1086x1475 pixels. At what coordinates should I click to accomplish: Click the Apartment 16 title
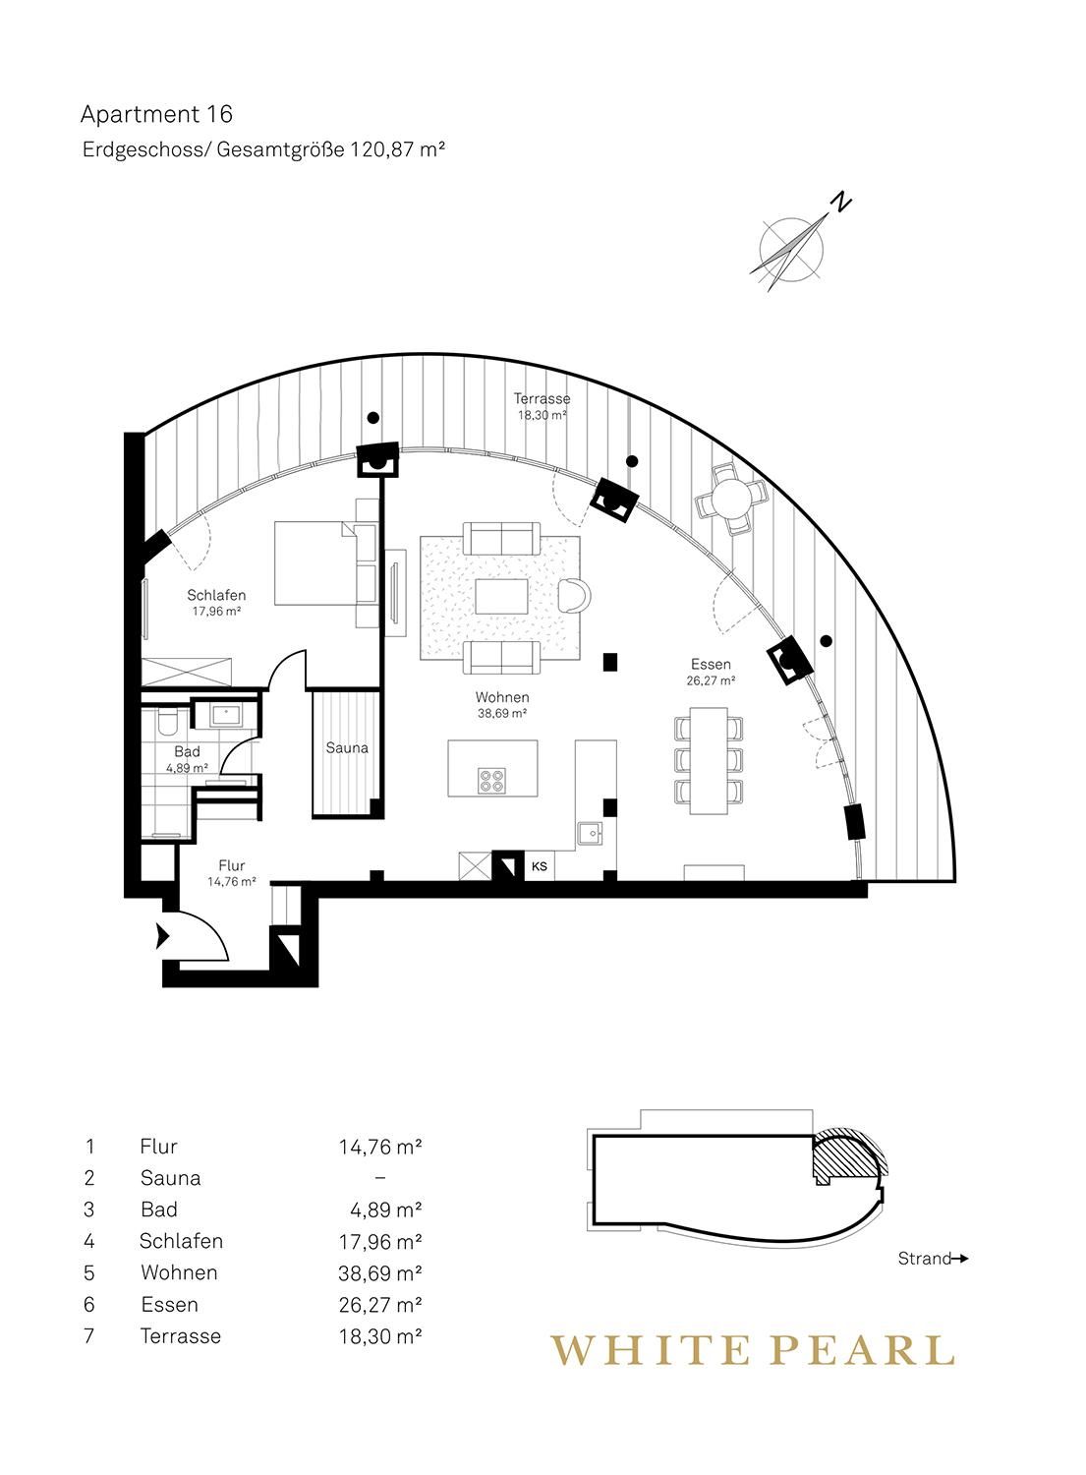(156, 115)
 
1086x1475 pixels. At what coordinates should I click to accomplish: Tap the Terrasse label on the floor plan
(542, 398)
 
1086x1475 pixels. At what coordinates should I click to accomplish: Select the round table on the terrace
(731, 499)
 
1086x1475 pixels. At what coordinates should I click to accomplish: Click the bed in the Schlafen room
(315, 562)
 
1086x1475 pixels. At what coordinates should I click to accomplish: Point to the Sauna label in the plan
(347, 748)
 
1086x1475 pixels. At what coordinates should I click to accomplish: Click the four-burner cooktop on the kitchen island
(492, 781)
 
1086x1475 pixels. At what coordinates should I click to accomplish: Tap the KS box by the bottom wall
(539, 866)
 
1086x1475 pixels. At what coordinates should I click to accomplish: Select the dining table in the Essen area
(709, 760)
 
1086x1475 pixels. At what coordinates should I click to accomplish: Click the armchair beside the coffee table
(575, 595)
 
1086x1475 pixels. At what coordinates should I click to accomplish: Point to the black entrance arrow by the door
(162, 936)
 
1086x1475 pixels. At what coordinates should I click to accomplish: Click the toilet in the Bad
(166, 723)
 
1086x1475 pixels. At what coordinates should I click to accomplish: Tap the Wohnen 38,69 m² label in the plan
(502, 705)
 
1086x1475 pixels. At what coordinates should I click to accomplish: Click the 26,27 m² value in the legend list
(379, 1304)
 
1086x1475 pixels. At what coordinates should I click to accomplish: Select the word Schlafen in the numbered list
(181, 1241)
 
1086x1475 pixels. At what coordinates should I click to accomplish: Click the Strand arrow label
(933, 1259)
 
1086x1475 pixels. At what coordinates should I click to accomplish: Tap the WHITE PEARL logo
(752, 1350)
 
